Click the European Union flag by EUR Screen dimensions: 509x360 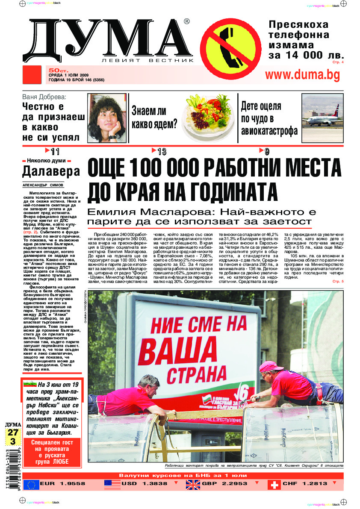point(31,485)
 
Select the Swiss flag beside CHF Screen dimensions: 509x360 point(274,485)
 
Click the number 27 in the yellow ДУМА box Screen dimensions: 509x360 point(12,432)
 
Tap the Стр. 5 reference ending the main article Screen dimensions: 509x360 point(338,282)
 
